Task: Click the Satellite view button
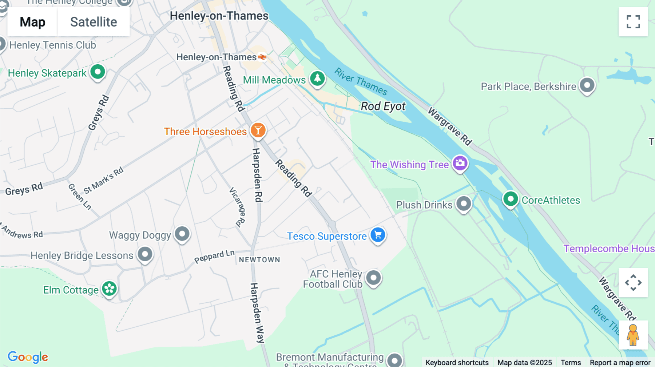coord(94,22)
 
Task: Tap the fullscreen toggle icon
coord(633,22)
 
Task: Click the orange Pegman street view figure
coord(633,335)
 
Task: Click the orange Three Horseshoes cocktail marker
coord(258,130)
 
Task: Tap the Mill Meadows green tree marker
coord(317,78)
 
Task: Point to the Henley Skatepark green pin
coord(98,72)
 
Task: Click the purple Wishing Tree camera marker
coord(460,163)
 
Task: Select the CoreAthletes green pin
coord(510,199)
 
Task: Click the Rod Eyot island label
coord(383,106)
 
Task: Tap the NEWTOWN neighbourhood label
coord(259,260)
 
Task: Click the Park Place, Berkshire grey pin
coord(587,85)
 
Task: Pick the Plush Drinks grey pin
coord(464,203)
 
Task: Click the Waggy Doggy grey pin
coord(182,234)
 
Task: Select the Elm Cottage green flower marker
coord(109,289)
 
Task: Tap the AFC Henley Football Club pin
coord(373,278)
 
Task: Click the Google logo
coord(28,357)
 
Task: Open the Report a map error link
coord(620,362)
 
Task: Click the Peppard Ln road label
coord(214,257)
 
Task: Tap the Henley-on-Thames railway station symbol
coord(262,57)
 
